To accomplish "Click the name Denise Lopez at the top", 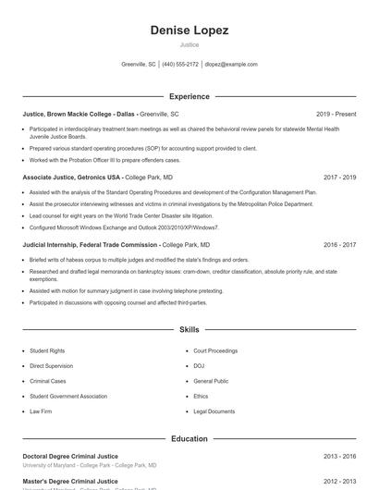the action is click(189, 31).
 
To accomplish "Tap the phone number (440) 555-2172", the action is click(180, 65).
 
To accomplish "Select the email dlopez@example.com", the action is click(231, 65).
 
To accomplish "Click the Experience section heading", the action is click(189, 96).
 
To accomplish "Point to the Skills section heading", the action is click(189, 329).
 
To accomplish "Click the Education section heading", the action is click(189, 438).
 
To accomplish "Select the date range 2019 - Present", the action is click(336, 113).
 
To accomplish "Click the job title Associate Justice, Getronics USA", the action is click(72, 177).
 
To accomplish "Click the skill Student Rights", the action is click(47, 351).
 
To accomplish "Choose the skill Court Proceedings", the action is click(215, 351).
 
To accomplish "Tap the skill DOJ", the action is click(199, 366).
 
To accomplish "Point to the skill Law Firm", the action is click(41, 411).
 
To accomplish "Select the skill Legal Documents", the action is click(214, 411).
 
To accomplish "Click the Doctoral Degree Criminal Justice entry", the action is click(70, 456).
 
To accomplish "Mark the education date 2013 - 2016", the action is click(339, 456).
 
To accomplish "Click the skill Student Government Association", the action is click(68, 397).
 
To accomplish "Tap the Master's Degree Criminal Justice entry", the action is click(70, 481).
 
